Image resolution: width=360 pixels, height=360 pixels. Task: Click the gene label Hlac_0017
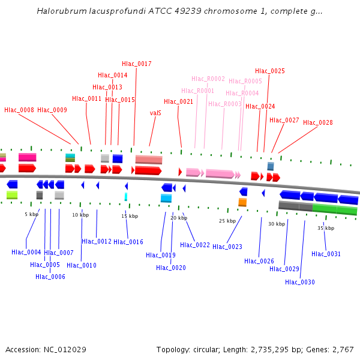pos(137,64)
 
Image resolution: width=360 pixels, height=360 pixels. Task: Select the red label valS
pos(155,113)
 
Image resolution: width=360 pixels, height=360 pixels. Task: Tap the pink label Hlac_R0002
pos(208,79)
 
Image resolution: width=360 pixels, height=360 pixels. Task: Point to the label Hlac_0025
pos(270,71)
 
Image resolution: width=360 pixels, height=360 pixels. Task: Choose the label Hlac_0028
pos(318,122)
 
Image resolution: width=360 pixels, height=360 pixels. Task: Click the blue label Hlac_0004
pos(26,252)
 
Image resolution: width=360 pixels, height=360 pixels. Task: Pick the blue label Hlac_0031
pos(326,254)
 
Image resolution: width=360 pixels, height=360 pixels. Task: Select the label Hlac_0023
pos(227,247)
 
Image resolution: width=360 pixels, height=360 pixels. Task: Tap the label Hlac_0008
pos(19,110)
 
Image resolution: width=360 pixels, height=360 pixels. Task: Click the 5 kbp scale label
pos(31,214)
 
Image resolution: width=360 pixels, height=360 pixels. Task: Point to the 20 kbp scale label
pos(178,218)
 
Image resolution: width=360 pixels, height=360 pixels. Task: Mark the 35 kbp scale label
pos(326,228)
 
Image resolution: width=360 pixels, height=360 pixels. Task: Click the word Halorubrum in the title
pos(59,11)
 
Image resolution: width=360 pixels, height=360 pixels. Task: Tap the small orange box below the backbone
pos(242,202)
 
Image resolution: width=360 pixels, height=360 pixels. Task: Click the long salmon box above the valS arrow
pos(149,159)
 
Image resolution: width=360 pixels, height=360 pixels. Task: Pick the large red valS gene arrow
pos(148,170)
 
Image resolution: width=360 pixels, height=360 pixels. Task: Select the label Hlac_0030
pos(300,282)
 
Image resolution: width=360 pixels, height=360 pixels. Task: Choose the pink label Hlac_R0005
pos(245,81)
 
